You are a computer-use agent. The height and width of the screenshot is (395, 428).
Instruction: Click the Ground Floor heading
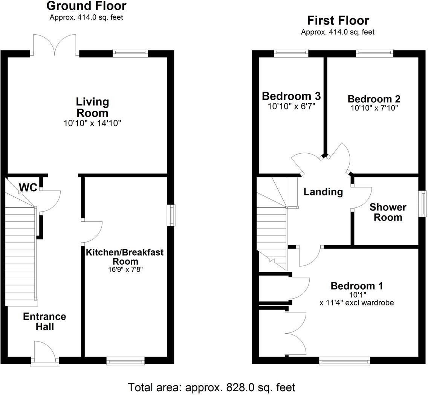point(86,6)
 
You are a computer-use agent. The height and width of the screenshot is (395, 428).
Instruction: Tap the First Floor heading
point(338,20)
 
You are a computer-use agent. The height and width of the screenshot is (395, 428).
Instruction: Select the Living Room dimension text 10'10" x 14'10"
point(92,123)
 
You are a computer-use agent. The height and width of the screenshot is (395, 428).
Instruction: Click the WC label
point(28,187)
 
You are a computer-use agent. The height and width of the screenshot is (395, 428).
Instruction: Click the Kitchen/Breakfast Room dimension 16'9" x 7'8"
point(125,270)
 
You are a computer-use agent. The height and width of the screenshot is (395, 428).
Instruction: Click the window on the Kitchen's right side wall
point(171,215)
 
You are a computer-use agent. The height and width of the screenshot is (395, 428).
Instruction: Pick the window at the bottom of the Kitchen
point(125,361)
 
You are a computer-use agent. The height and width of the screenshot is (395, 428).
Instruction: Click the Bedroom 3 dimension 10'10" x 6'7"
point(291,106)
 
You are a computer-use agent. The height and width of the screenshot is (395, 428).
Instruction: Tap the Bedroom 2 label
point(374,99)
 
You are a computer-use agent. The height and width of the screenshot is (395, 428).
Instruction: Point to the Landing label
point(323,192)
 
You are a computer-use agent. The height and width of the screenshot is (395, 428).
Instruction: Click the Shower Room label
point(388,212)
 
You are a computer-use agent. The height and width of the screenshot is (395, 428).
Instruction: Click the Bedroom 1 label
point(356,286)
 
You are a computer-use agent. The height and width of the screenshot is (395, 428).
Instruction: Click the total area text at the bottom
point(211,387)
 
